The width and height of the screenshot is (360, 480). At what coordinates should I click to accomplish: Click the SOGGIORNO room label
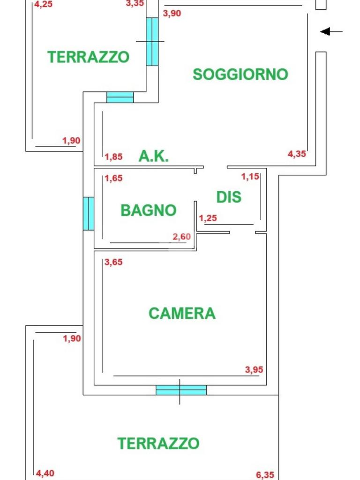[x=240, y=74]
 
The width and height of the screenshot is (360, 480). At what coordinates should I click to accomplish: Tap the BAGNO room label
[x=148, y=210]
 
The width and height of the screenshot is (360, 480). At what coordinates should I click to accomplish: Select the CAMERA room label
[x=182, y=313]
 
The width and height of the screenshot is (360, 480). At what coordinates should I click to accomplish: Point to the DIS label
[x=229, y=197]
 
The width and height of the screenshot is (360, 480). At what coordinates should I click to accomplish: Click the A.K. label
[x=153, y=156]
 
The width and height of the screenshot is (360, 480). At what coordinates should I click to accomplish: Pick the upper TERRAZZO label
[x=88, y=57]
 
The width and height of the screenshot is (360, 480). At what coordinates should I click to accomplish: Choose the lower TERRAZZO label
[x=158, y=443]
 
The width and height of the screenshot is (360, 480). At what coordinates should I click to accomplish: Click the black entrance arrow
[x=331, y=31]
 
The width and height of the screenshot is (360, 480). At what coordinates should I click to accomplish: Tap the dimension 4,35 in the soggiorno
[x=297, y=153]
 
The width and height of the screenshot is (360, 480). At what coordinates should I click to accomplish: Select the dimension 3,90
[x=172, y=13]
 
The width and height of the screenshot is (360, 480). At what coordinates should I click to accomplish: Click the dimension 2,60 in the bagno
[x=182, y=237]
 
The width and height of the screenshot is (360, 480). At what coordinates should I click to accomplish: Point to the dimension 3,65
[x=113, y=262]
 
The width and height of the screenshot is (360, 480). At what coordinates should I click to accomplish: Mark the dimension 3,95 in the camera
[x=254, y=370]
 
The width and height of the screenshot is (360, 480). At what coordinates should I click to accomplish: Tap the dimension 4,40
[x=45, y=473]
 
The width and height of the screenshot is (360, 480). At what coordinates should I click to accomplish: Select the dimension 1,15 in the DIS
[x=250, y=177]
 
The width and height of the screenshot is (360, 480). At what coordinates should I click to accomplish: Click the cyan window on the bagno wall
[x=89, y=213]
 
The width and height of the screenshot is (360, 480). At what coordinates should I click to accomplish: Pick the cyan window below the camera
[x=181, y=390]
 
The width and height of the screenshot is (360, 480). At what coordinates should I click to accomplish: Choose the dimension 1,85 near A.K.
[x=113, y=157]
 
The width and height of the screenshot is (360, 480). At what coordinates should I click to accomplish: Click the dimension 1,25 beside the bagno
[x=208, y=218]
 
